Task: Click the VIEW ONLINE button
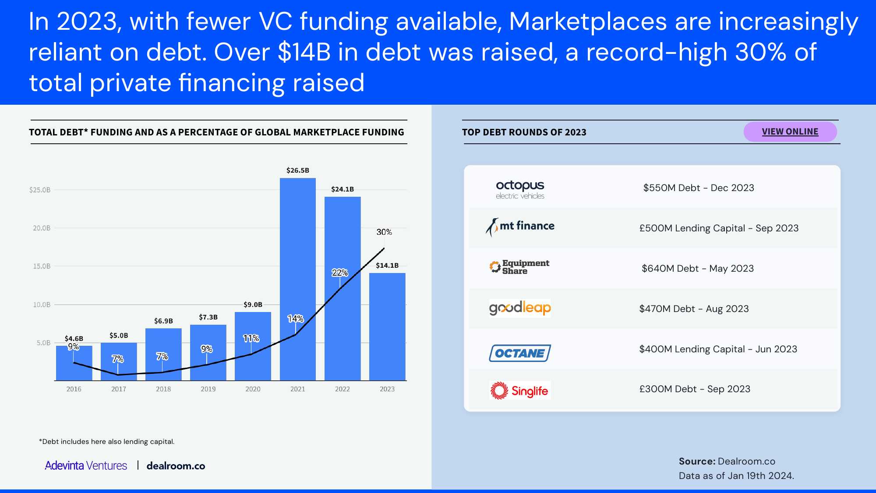click(x=790, y=131)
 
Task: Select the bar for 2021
click(x=298, y=279)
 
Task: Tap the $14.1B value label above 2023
click(x=387, y=265)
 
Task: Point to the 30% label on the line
click(x=384, y=232)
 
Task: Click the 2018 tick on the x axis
click(x=163, y=389)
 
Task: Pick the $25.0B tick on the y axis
click(x=40, y=190)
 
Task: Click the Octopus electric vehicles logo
click(x=520, y=190)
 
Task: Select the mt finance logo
click(x=520, y=227)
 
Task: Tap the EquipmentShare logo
click(x=519, y=267)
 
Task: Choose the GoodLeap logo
click(x=520, y=308)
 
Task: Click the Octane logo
click(x=520, y=353)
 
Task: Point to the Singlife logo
click(x=519, y=390)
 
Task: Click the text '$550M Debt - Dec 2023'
click(x=699, y=188)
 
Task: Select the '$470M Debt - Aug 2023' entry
click(x=694, y=309)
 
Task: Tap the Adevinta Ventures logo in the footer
click(x=86, y=465)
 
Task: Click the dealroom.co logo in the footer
click(x=176, y=466)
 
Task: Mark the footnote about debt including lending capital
click(x=107, y=441)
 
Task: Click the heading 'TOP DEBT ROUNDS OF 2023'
click(x=524, y=132)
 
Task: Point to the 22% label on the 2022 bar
click(x=340, y=273)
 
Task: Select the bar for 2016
click(x=74, y=363)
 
